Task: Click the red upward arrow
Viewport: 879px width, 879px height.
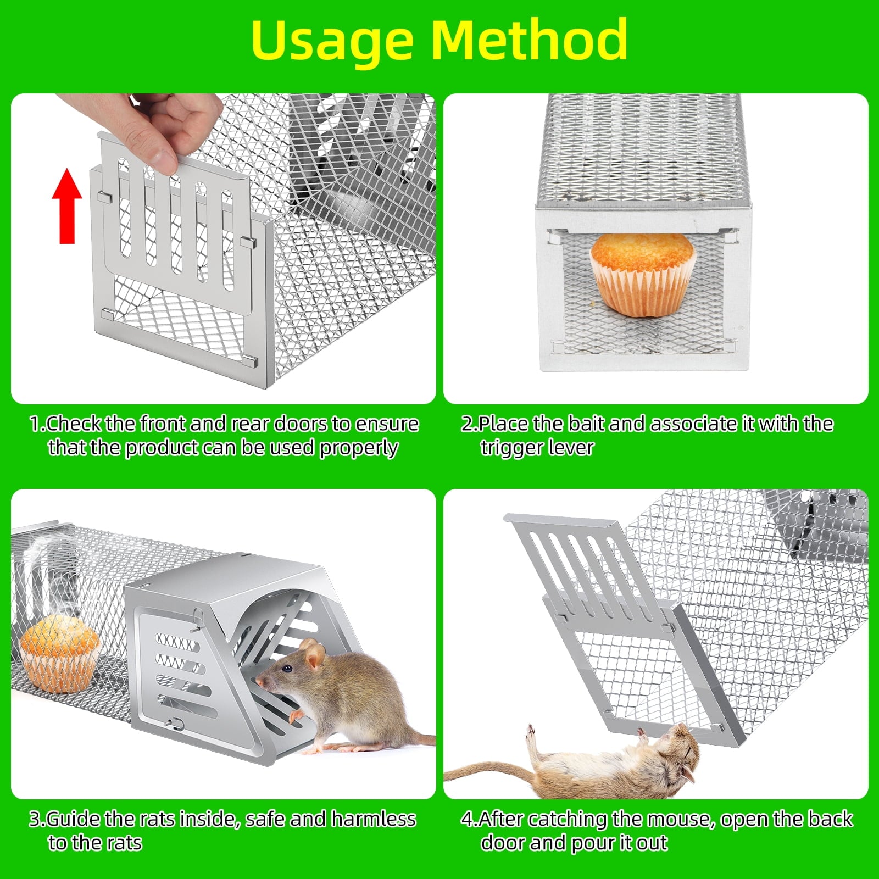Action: pos(67,206)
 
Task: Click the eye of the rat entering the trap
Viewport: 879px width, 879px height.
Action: pos(286,669)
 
